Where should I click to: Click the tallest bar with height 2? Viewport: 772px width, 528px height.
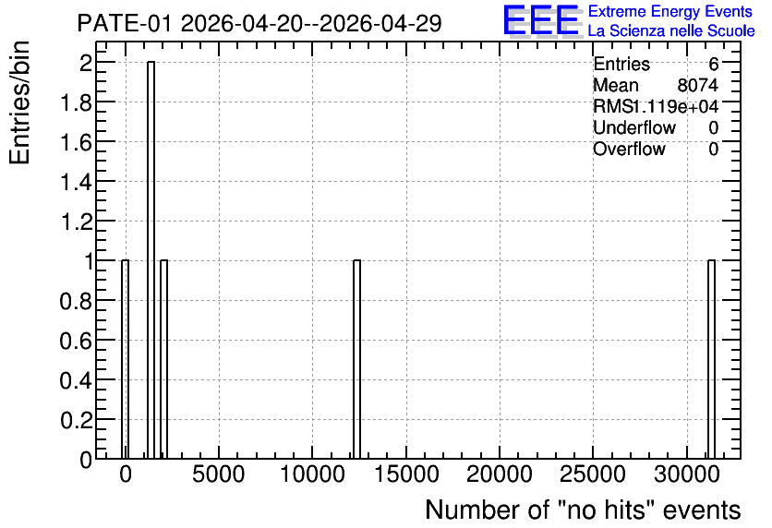(151, 259)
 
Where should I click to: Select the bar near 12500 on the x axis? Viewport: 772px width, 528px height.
(357, 359)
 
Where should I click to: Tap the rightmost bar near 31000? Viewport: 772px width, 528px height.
(711, 359)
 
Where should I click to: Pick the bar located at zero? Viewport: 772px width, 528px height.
(125, 359)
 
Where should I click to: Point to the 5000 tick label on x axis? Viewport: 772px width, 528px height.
(218, 474)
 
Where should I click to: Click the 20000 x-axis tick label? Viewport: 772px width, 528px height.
(500, 474)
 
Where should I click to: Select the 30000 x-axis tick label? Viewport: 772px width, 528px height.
(686, 474)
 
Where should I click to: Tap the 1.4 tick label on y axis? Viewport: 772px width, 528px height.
(76, 182)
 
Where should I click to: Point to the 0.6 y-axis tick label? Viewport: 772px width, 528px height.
(76, 341)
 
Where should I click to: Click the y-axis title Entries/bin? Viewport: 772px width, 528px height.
(19, 102)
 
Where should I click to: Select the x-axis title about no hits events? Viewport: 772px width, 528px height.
(583, 510)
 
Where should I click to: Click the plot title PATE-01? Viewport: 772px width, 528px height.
(259, 23)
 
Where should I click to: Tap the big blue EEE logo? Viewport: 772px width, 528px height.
(542, 20)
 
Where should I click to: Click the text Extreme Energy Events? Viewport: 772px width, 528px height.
(670, 11)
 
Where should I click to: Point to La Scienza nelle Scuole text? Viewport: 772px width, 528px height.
(671, 30)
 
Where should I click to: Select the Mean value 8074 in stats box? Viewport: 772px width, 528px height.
(697, 85)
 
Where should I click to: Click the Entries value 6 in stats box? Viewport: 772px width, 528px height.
(714, 64)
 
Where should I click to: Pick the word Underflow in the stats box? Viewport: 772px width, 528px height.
(634, 127)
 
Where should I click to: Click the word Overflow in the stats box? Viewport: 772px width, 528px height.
(629, 149)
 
